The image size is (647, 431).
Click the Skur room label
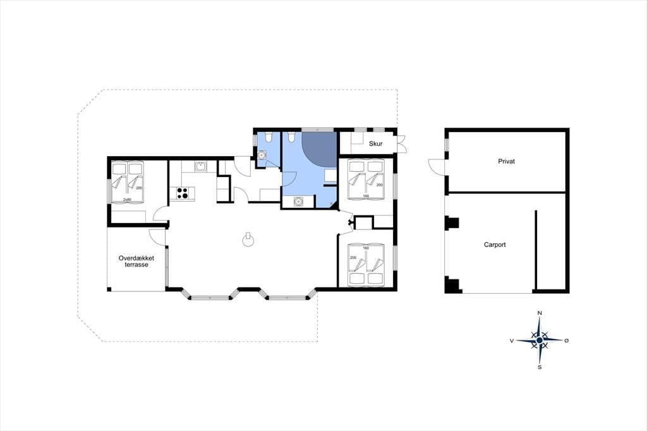(x=375, y=143)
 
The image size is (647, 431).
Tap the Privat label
(x=506, y=161)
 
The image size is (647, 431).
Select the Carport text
(x=495, y=245)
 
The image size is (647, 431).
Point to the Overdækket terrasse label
(x=136, y=262)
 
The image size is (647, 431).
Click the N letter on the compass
(x=540, y=313)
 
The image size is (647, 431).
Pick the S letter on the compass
(x=540, y=367)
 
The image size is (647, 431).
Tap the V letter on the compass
(x=512, y=341)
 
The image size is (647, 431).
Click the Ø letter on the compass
(x=566, y=341)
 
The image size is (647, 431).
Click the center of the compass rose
(x=540, y=340)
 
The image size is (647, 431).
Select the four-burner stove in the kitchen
(x=183, y=193)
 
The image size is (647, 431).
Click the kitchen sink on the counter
(x=200, y=167)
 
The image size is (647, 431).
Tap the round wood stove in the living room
(x=248, y=241)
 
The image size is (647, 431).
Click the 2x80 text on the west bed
(x=126, y=200)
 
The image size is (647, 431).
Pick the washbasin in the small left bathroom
(x=261, y=155)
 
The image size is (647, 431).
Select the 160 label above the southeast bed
(x=366, y=248)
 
